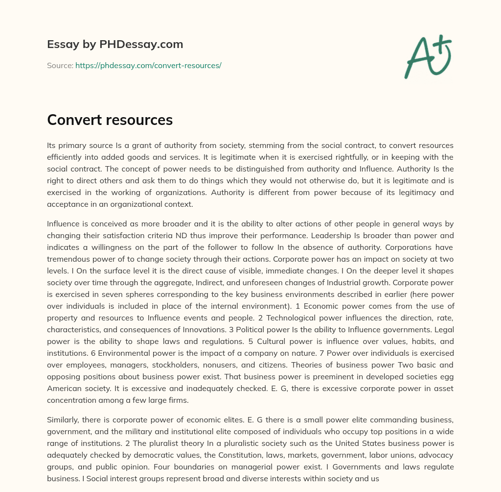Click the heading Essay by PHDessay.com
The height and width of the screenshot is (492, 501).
click(x=115, y=45)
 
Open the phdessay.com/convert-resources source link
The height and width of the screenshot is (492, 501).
click(x=148, y=65)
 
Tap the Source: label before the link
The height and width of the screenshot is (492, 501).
click(x=60, y=65)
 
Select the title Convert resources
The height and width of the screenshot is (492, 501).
click(x=110, y=120)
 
